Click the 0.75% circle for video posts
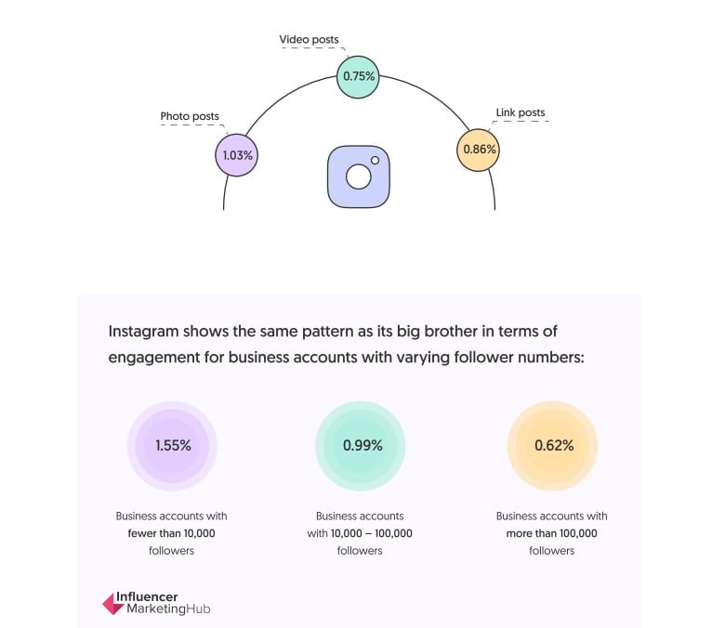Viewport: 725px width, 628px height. point(358,77)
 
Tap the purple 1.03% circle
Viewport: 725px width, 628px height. point(237,155)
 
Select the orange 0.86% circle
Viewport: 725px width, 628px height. point(478,150)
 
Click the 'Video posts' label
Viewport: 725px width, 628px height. point(309,40)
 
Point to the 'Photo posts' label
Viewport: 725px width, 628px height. point(190,116)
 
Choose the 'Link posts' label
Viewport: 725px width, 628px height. point(521,112)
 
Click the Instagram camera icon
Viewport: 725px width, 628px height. point(359,177)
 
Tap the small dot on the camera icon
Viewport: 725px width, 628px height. point(375,161)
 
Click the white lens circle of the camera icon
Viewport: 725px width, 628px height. point(359,177)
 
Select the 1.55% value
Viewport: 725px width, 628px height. point(173,446)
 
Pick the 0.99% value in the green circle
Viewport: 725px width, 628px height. point(362,446)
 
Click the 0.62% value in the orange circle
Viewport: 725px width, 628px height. point(554,446)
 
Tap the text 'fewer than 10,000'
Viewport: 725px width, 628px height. point(172,533)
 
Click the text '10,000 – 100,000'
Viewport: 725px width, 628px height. point(371,533)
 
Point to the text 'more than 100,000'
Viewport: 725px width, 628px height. point(551,533)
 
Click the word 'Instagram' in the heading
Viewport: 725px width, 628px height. point(143,332)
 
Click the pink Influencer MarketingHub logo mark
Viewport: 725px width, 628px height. point(112,604)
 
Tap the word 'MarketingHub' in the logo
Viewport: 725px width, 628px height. point(168,609)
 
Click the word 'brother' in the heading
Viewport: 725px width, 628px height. point(451,332)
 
